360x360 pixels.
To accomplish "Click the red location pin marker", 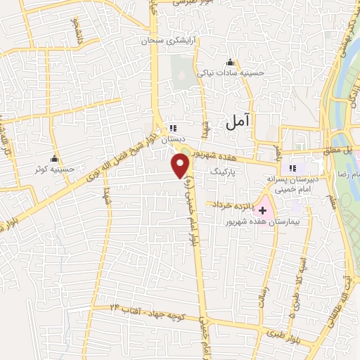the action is (181, 167).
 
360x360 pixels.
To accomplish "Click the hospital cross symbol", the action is (263, 210).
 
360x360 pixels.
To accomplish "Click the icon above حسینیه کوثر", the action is (54, 158).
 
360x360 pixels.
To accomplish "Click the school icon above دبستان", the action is (173, 129).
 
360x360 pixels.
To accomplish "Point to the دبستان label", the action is (173, 139).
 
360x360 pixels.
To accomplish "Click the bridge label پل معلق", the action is (346, 149).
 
